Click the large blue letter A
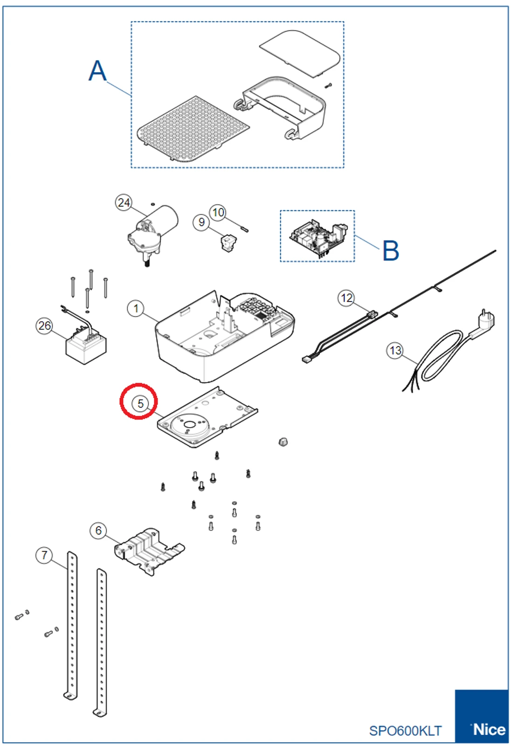pyautogui.click(x=97, y=71)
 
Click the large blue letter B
pyautogui.click(x=391, y=250)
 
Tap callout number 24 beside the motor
pyautogui.click(x=124, y=203)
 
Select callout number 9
pyautogui.click(x=201, y=222)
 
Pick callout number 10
pyautogui.click(x=218, y=213)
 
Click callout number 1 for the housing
pyautogui.click(x=136, y=308)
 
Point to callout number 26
pyautogui.click(x=44, y=325)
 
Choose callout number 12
pyautogui.click(x=346, y=298)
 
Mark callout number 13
pyautogui.click(x=395, y=350)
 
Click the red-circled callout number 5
pyautogui.click(x=140, y=403)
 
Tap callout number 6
pyautogui.click(x=98, y=530)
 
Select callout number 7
pyautogui.click(x=44, y=555)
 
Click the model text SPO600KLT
pyautogui.click(x=405, y=731)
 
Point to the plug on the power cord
pyautogui.click(x=484, y=322)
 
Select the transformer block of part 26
pyautogui.click(x=86, y=347)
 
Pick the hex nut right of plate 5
pyautogui.click(x=283, y=442)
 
